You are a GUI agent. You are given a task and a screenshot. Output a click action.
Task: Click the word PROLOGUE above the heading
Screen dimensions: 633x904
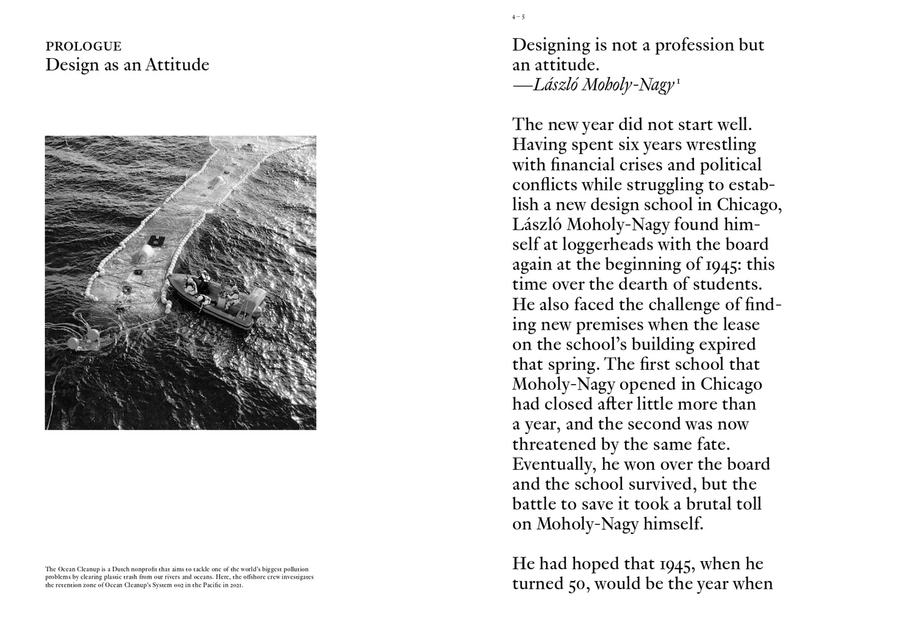pos(83,46)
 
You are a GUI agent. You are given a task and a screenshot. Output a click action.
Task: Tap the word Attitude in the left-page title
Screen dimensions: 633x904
pos(177,65)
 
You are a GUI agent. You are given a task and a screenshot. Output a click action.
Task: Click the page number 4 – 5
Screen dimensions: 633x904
pos(518,18)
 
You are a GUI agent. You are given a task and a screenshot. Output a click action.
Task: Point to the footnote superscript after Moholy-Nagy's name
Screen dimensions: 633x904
pos(678,81)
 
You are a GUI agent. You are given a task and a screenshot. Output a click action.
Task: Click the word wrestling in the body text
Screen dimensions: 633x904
pos(721,144)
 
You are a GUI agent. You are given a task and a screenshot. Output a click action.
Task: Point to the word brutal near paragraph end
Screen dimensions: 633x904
pos(691,505)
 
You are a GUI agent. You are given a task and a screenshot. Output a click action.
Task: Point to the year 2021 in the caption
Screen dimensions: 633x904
pos(234,586)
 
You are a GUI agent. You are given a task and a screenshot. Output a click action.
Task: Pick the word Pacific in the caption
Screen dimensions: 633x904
pos(205,586)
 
